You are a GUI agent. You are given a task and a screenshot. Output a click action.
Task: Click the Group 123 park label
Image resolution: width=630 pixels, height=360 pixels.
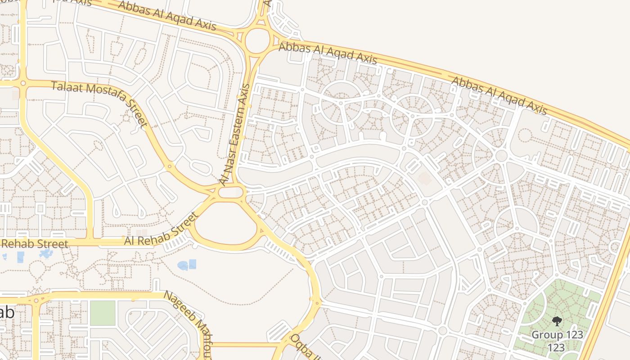tap(557, 335)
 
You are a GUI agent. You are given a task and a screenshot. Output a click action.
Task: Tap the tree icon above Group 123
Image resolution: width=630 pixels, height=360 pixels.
tap(557, 321)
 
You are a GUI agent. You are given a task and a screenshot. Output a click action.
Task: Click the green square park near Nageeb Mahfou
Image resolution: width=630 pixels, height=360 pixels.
tap(103, 313)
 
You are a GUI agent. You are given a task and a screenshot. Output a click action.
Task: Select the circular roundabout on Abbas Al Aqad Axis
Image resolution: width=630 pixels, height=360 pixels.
tap(257, 40)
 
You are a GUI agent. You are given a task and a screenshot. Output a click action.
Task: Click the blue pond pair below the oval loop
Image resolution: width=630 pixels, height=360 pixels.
tap(187, 265)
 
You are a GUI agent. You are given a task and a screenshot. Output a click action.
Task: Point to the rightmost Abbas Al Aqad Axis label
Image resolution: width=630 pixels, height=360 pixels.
tap(499, 95)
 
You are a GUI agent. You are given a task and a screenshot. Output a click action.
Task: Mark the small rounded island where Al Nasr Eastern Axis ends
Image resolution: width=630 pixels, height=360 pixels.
tap(231, 193)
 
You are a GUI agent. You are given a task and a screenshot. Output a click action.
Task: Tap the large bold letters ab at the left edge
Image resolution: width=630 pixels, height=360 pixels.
tap(6, 313)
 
